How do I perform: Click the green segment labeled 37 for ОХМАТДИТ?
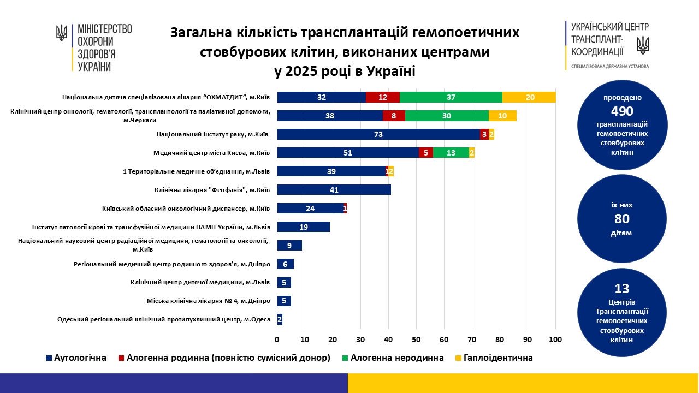pyautogui.click(x=451, y=97)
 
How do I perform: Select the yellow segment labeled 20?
pyautogui.click(x=529, y=97)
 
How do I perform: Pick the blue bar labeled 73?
pyautogui.click(x=378, y=134)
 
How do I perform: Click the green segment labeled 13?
pyautogui.click(x=451, y=153)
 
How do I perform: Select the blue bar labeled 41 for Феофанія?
pyautogui.click(x=334, y=190)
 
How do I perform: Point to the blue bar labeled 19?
pyautogui.click(x=304, y=227)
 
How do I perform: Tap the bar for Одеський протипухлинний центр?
pyautogui.click(x=280, y=319)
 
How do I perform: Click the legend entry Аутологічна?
pyautogui.click(x=76, y=358)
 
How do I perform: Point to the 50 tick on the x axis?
pyautogui.click(x=416, y=340)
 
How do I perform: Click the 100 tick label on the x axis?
pyautogui.click(x=555, y=340)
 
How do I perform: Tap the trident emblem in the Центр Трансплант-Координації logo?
pyautogui.click(x=643, y=44)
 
